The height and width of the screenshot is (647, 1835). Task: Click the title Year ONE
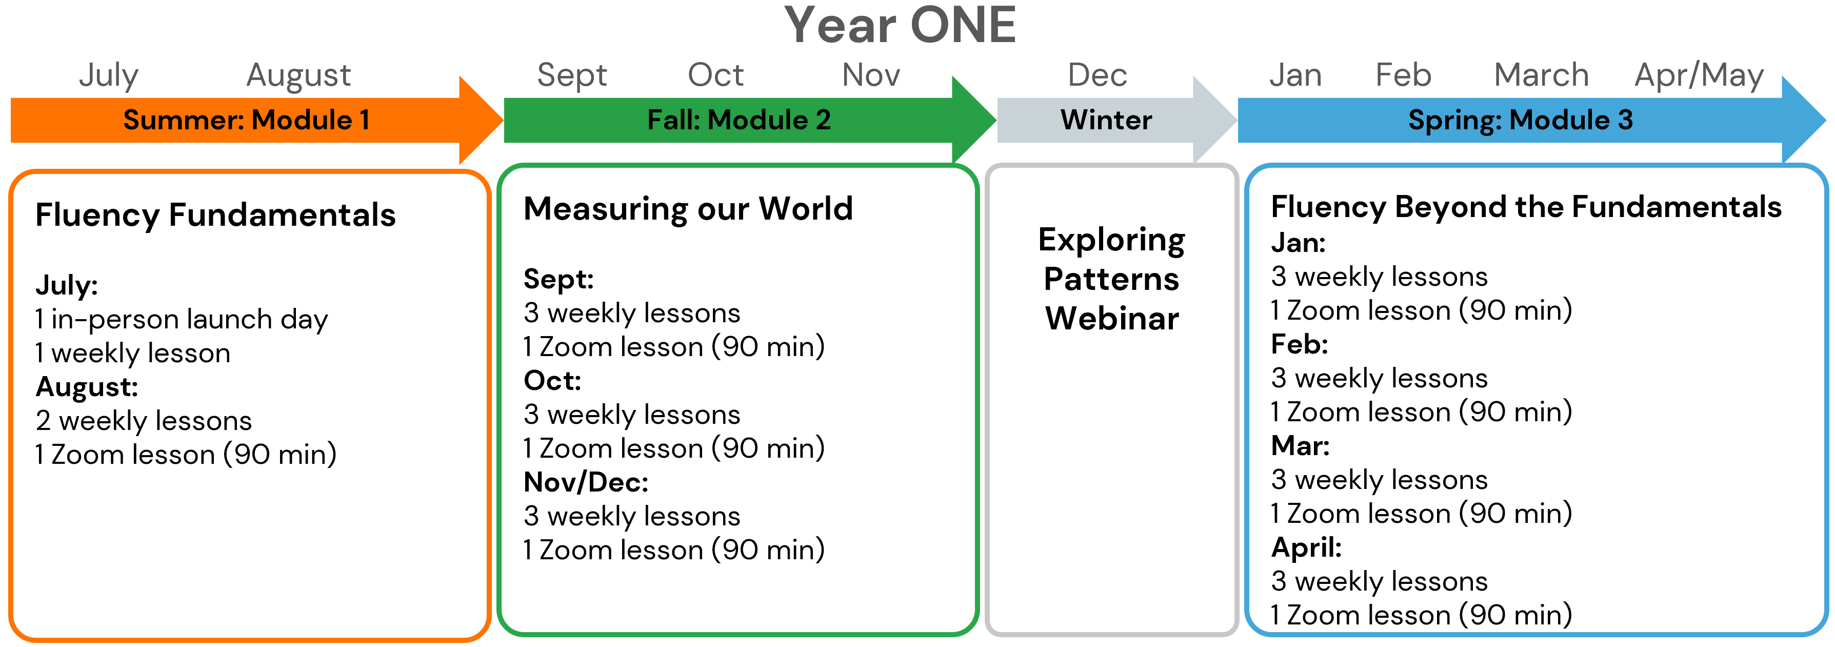pyautogui.click(x=900, y=26)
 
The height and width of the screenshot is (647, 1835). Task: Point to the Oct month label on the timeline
pyautogui.click(x=715, y=75)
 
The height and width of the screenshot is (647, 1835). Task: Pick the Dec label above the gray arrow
pyautogui.click(x=1097, y=75)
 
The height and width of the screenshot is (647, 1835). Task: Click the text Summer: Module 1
pyautogui.click(x=247, y=120)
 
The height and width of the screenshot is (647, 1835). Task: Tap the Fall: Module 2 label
pyautogui.click(x=739, y=120)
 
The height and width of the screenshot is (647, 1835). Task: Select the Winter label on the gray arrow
pyautogui.click(x=1106, y=120)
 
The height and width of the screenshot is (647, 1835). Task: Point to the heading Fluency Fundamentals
pyautogui.click(x=215, y=214)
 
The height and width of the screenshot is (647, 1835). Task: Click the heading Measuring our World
pyautogui.click(x=688, y=209)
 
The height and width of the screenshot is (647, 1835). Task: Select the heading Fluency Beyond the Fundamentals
pyautogui.click(x=1526, y=207)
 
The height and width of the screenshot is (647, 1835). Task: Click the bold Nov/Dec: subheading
pyautogui.click(x=586, y=482)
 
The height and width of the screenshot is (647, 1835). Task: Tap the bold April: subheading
pyautogui.click(x=1306, y=548)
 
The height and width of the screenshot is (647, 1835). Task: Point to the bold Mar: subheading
pyautogui.click(x=1300, y=446)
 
